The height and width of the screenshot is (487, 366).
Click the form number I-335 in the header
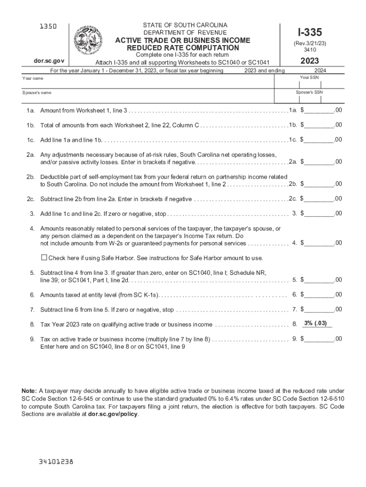click(x=309, y=32)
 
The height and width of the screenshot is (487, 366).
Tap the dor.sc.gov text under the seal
click(x=45, y=61)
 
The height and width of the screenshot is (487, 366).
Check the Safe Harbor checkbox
click(x=44, y=257)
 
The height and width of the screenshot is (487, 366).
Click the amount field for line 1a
click(x=319, y=110)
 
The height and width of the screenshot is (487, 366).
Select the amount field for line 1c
click(x=319, y=140)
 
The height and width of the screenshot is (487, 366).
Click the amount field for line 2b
click(x=319, y=184)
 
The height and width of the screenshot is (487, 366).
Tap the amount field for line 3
click(x=319, y=214)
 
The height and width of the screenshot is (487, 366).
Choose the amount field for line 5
click(x=319, y=280)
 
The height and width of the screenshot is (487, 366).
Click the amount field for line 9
click(x=319, y=339)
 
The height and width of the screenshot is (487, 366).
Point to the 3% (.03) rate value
click(x=316, y=323)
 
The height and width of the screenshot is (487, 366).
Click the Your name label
click(x=33, y=78)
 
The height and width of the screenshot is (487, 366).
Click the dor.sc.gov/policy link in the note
click(x=113, y=414)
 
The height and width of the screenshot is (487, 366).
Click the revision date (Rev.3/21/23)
click(x=309, y=43)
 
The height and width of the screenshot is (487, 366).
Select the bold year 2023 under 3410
click(x=309, y=61)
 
